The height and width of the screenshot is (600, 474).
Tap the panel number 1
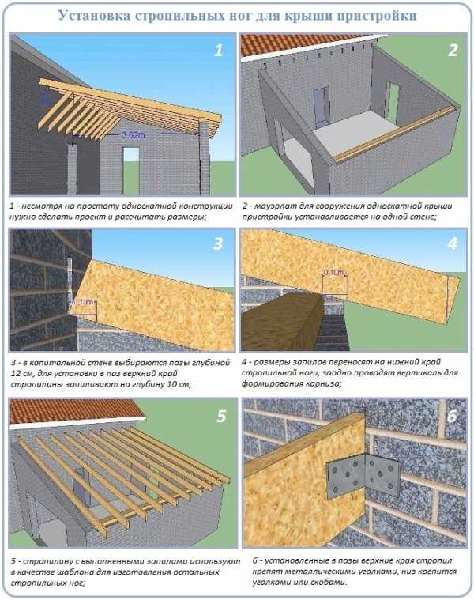pyautogui.click(x=218, y=50)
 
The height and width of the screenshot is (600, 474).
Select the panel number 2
pyautogui.click(x=453, y=50)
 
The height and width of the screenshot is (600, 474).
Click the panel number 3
pyautogui.click(x=218, y=243)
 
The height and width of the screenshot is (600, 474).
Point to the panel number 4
pyautogui.click(x=452, y=243)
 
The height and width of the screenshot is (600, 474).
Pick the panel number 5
pyautogui.click(x=221, y=416)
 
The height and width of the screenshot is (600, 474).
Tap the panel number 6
pyautogui.click(x=452, y=416)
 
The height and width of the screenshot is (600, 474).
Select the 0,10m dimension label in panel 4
pyautogui.click(x=334, y=273)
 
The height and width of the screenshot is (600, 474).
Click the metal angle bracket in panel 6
pyautogui.click(x=363, y=474)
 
